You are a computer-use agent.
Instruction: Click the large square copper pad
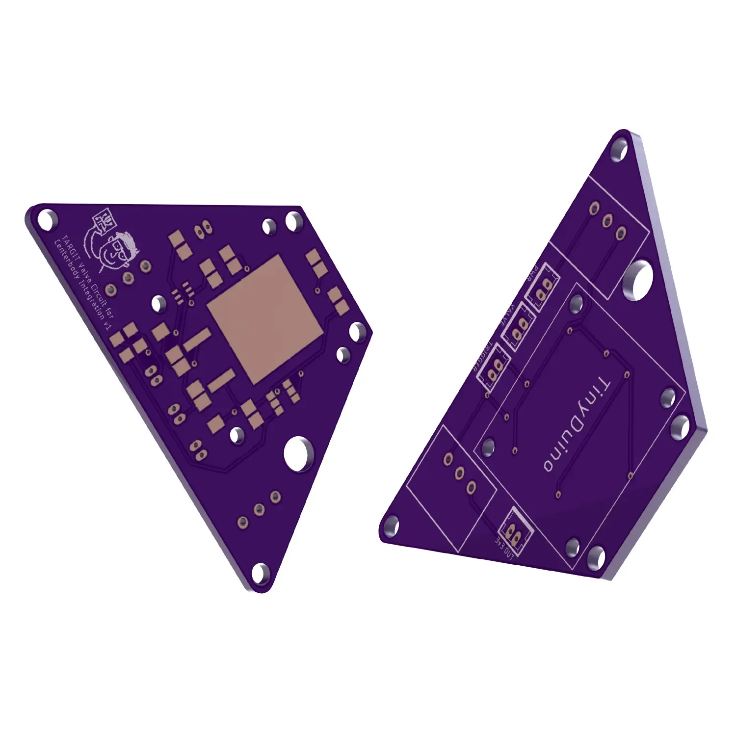click(x=265, y=319)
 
